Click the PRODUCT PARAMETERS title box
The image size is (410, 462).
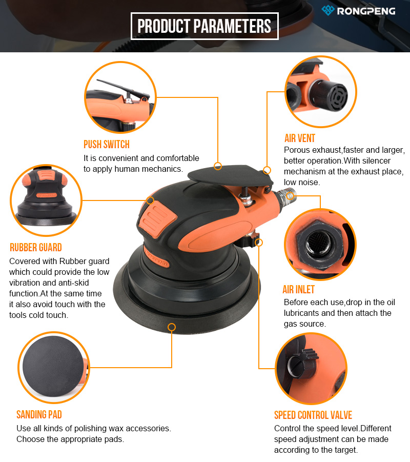(204, 26)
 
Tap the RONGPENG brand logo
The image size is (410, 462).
(358, 11)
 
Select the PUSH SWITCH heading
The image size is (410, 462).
(107, 145)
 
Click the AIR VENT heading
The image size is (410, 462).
(299, 138)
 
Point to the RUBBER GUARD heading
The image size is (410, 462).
(36, 248)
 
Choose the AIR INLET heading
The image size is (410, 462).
(298, 290)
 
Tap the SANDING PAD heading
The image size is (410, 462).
(39, 414)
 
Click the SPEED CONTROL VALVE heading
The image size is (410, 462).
(313, 415)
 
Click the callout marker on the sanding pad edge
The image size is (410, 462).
(172, 327)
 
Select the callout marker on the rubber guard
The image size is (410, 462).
(150, 200)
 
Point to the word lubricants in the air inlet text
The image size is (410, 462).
(302, 313)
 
